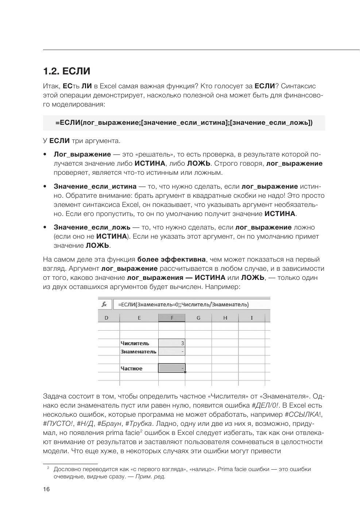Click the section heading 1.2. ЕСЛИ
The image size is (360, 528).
(x=66, y=71)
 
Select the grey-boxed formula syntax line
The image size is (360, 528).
(x=184, y=123)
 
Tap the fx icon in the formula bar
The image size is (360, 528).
(x=104, y=304)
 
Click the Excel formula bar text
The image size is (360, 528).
(x=183, y=304)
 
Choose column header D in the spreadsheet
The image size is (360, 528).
(x=107, y=318)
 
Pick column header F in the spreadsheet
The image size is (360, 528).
(x=172, y=318)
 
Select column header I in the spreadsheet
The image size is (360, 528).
(x=252, y=318)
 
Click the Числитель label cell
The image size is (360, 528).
(x=135, y=343)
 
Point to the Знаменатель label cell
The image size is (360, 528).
(x=139, y=352)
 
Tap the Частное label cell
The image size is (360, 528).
(x=132, y=369)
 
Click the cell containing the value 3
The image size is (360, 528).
(x=172, y=343)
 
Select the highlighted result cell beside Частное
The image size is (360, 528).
(x=172, y=368)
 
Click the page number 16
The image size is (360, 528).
(x=46, y=489)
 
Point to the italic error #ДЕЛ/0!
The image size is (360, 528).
(x=263, y=405)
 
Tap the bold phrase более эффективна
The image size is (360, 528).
(x=171, y=259)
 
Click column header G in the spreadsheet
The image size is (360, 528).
(x=198, y=318)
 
